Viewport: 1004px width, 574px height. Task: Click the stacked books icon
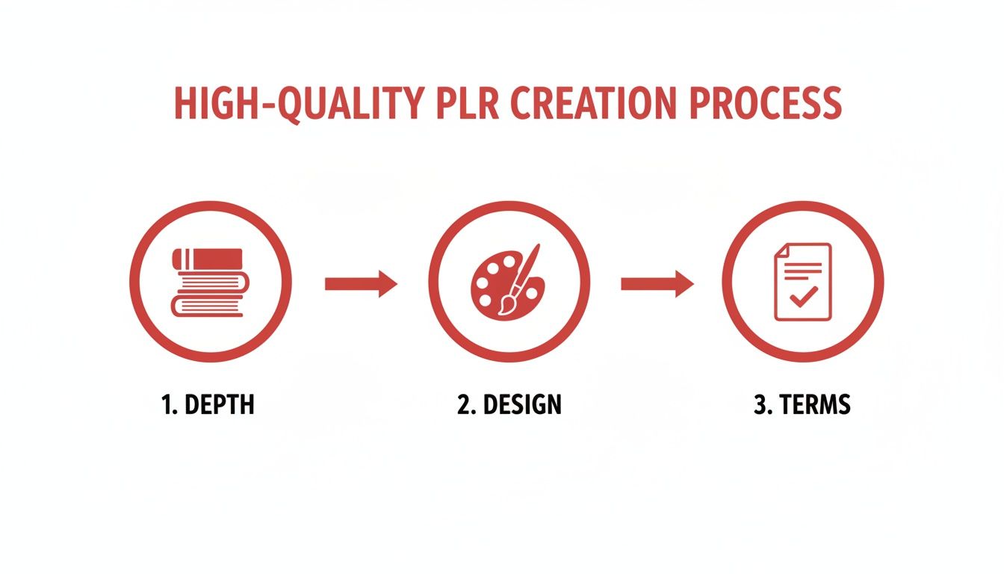[208, 283]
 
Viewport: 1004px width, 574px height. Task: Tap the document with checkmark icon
[802, 283]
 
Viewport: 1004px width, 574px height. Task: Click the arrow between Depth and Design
[361, 283]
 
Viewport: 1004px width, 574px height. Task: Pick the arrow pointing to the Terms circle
[657, 283]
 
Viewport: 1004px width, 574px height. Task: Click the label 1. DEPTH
[208, 405]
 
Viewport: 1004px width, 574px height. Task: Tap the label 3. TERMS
[802, 405]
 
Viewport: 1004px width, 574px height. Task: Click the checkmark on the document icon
[803, 297]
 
